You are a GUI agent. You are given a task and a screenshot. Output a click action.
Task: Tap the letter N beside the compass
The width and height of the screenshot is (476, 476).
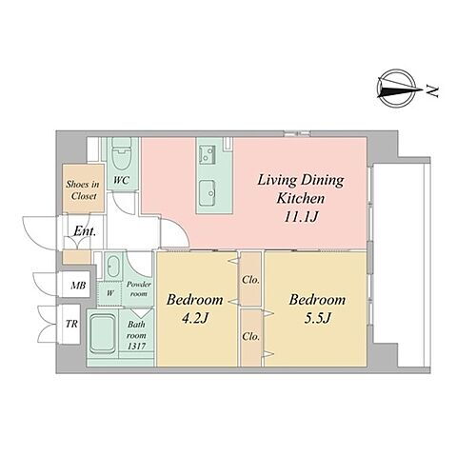click(432, 91)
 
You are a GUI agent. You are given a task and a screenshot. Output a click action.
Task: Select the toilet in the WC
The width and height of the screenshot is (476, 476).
click(122, 155)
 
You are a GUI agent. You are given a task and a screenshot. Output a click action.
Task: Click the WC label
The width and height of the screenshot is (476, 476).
click(122, 180)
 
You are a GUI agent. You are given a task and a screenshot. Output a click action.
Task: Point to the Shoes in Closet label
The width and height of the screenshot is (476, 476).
click(83, 190)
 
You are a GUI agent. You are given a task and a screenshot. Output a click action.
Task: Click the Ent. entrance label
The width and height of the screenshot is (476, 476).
click(85, 231)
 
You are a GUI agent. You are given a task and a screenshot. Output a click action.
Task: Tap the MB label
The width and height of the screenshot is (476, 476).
click(78, 286)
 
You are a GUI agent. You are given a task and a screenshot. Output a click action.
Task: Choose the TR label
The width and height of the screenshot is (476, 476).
click(71, 324)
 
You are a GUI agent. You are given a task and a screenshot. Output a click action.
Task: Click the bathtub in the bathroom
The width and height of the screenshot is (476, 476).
click(102, 334)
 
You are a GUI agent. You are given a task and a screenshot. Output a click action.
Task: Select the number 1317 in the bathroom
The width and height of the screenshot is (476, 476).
click(136, 347)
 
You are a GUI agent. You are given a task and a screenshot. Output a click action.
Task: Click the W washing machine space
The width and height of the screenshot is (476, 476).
click(109, 293)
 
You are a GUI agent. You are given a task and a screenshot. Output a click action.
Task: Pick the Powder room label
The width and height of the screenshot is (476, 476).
click(139, 289)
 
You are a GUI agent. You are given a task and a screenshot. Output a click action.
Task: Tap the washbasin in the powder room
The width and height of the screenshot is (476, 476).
click(113, 266)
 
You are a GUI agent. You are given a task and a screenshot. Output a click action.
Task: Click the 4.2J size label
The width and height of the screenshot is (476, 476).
click(194, 318)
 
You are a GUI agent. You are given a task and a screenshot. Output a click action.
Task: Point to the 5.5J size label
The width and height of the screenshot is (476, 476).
click(317, 318)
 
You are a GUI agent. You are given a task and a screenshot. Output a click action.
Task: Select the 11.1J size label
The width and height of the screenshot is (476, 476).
click(301, 217)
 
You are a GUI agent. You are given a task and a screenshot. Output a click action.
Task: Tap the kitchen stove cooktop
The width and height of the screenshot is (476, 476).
click(208, 154)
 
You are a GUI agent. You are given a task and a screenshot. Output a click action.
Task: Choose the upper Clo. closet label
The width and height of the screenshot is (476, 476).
click(250, 280)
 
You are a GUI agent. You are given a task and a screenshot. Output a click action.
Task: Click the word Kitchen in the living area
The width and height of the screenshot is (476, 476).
click(301, 199)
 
